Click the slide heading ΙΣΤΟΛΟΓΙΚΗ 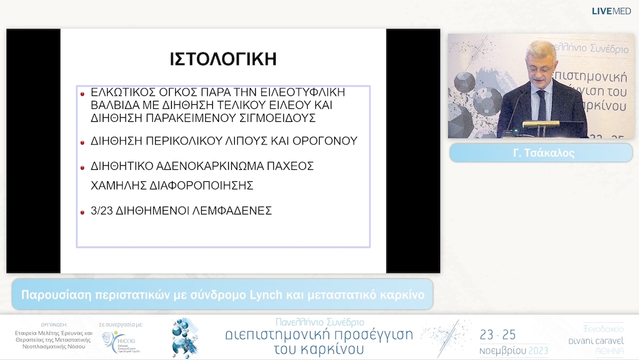[223, 59]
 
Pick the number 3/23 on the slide [103, 210]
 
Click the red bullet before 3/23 [82, 211]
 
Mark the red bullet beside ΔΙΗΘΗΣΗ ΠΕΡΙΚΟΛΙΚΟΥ [82, 142]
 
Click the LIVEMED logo [611, 11]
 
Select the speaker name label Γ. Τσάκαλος [541, 153]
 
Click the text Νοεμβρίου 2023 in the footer [514, 350]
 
